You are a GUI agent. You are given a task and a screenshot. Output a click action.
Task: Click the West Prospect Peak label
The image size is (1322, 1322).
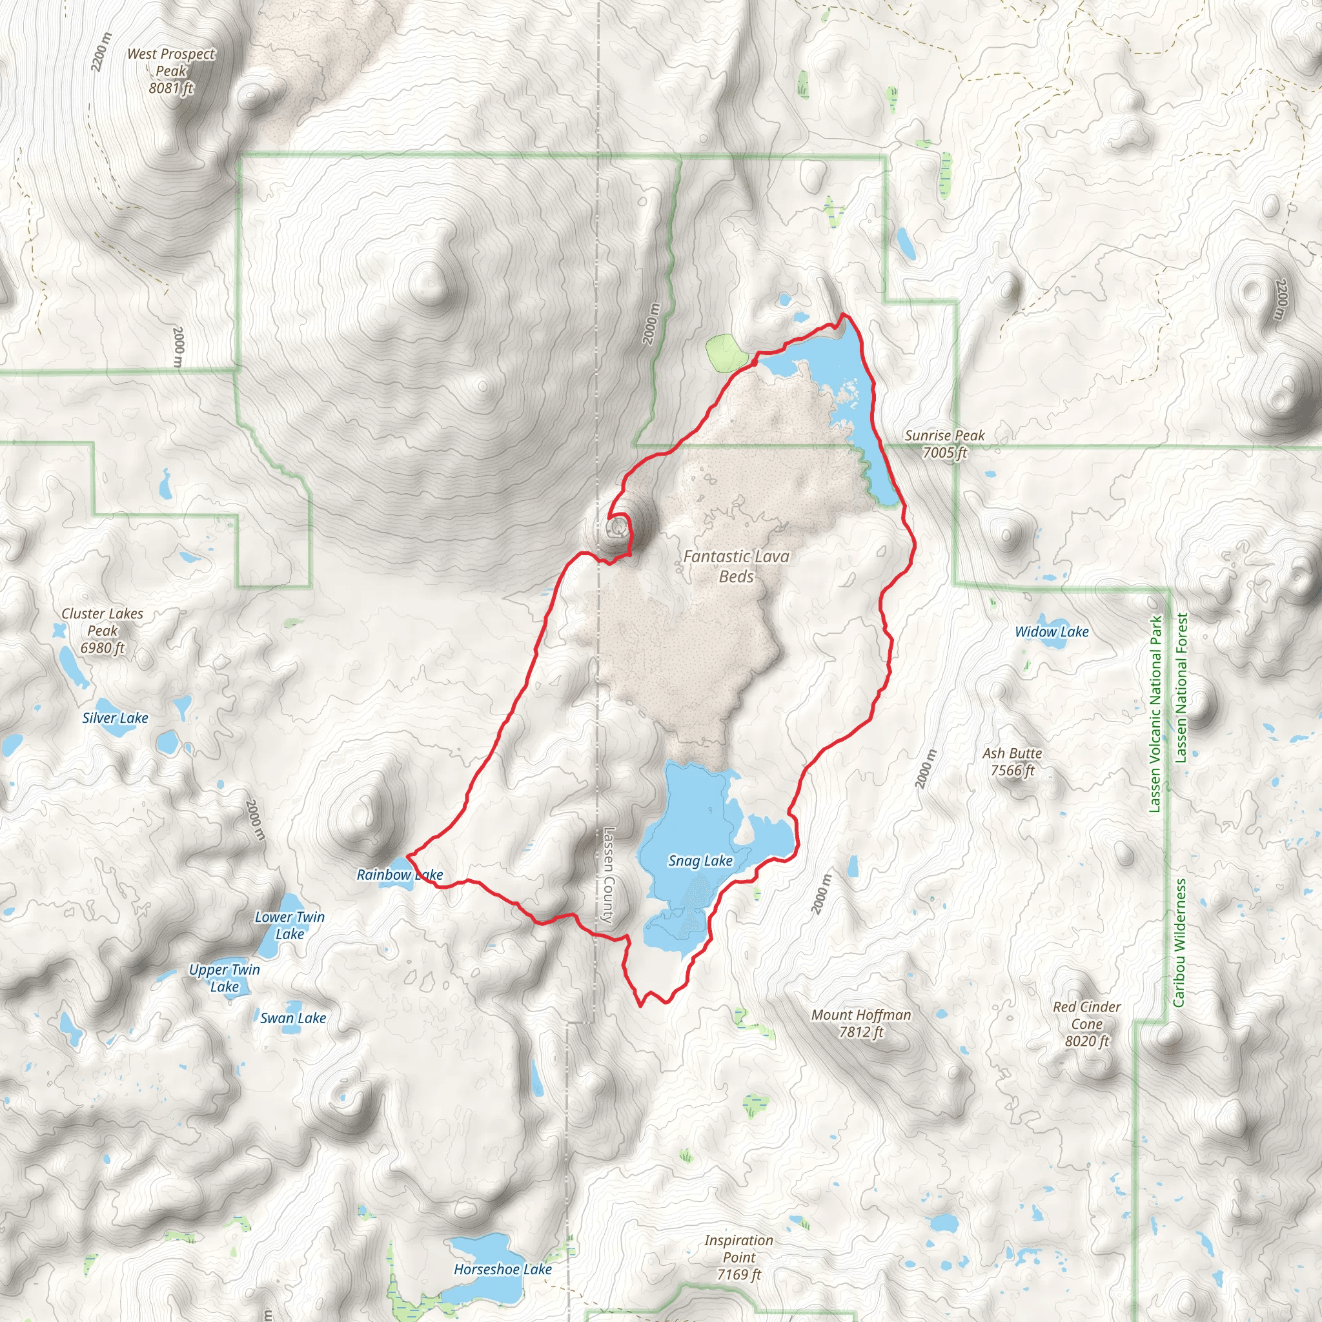[x=171, y=71]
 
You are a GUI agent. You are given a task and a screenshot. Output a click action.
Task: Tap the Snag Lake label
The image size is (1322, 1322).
[x=700, y=861]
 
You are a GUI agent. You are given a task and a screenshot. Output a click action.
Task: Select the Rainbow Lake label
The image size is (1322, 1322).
[x=400, y=875]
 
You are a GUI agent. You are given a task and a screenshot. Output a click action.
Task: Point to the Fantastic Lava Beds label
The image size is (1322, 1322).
[x=737, y=567]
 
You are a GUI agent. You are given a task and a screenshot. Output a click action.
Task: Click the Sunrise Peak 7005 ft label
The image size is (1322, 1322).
[x=944, y=444]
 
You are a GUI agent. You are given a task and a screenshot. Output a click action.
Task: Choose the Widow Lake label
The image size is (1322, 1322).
[x=1051, y=631]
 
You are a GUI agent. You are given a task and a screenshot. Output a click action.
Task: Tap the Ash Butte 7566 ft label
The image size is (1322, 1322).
[x=1012, y=762]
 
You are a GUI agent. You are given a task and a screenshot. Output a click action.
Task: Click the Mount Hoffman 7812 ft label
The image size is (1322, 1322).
[x=861, y=1023]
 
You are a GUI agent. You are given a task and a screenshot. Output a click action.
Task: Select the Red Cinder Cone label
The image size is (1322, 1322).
[x=1086, y=1024]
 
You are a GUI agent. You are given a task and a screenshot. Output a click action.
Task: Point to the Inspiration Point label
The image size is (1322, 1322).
[x=738, y=1257]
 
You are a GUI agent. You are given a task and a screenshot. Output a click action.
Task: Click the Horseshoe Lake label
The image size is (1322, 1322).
[x=502, y=1269]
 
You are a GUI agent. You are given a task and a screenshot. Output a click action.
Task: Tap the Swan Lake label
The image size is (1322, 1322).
[x=293, y=1018]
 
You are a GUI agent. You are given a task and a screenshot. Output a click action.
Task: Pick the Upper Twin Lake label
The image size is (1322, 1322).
[x=225, y=978]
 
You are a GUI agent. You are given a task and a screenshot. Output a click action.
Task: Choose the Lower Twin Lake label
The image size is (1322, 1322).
[x=289, y=925]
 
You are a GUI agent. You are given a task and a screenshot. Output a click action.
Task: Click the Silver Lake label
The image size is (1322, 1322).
[x=115, y=718]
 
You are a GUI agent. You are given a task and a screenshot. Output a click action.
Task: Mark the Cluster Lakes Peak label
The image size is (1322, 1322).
[x=103, y=630]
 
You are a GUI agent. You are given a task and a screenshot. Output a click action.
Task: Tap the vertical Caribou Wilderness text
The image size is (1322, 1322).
[x=1178, y=943]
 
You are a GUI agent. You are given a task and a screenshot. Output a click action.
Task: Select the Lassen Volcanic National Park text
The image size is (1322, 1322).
[x=1155, y=715]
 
